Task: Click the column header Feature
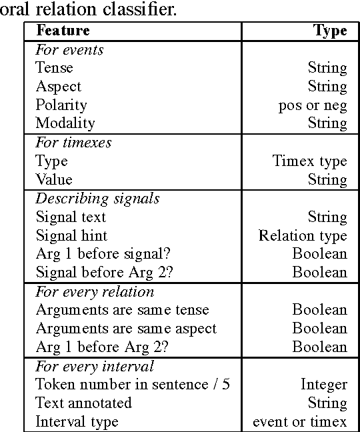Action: point(63,31)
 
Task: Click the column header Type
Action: point(331,31)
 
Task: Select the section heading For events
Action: point(69,49)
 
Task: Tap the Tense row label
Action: point(54,67)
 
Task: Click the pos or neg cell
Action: point(313,105)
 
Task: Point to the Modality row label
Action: point(65,123)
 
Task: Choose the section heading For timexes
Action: point(73,143)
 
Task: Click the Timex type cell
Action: point(309,161)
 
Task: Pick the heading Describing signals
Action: point(97,199)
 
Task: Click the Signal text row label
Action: point(71,217)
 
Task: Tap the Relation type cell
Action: point(303,235)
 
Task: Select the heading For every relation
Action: point(95,291)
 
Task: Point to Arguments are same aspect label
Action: point(126,328)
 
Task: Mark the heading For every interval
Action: point(95,365)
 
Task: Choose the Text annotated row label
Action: point(83,403)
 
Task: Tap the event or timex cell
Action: point(300,421)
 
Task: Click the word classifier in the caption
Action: point(141,9)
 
